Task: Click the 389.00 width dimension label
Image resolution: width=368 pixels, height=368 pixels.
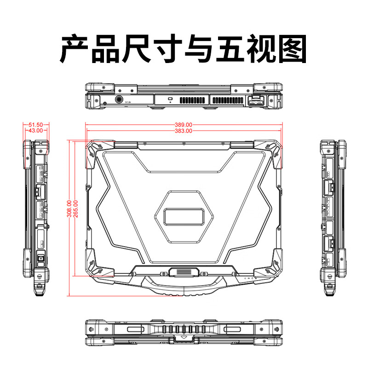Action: pos(184,125)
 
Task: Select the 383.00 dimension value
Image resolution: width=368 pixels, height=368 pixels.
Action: pos(184,131)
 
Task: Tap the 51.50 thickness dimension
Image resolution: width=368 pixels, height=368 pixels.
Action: pos(36,125)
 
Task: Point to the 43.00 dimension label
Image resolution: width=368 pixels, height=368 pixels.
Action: pos(36,130)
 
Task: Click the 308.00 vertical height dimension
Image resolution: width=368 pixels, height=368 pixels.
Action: pos(70,209)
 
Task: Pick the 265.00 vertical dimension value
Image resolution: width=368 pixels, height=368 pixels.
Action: pos(76,209)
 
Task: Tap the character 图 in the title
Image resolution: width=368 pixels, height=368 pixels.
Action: pos(293,49)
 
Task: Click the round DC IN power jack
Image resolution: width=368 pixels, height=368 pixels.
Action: pos(120,99)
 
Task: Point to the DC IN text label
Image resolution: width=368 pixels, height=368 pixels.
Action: pos(128,102)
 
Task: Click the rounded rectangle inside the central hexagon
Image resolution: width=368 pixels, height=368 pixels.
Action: pos(184,217)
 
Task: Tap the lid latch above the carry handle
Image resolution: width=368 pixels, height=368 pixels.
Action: pos(184,272)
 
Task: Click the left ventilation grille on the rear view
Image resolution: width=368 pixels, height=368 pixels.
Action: pos(192,100)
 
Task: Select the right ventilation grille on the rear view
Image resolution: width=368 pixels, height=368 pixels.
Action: pos(228,100)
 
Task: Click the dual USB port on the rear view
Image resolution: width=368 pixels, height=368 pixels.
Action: pos(256,102)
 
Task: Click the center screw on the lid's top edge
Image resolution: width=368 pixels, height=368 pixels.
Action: pos(184,143)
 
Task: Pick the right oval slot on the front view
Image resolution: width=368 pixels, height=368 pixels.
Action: pos(232,329)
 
